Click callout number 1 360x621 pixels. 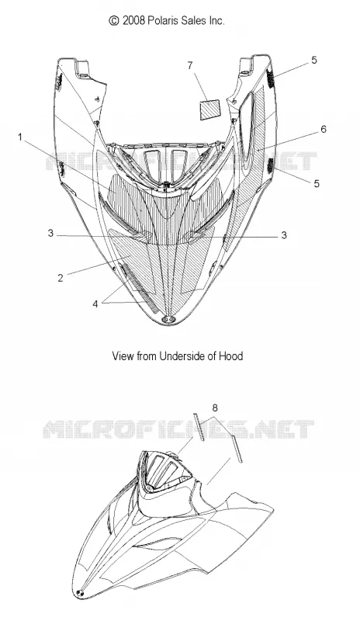(x=19, y=137)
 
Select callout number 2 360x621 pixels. (x=61, y=278)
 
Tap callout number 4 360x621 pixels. (x=95, y=304)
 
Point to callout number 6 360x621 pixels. (x=324, y=129)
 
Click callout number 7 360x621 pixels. (x=190, y=65)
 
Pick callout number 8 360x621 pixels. (x=215, y=408)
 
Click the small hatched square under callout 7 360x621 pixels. (x=210, y=109)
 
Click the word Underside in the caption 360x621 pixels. (x=180, y=356)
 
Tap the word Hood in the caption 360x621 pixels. (x=233, y=356)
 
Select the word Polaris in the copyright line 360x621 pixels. (x=163, y=21)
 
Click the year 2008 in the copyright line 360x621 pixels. (x=134, y=21)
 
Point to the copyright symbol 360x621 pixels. (x=114, y=21)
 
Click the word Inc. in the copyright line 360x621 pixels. (x=217, y=21)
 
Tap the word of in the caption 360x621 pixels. (x=212, y=356)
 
